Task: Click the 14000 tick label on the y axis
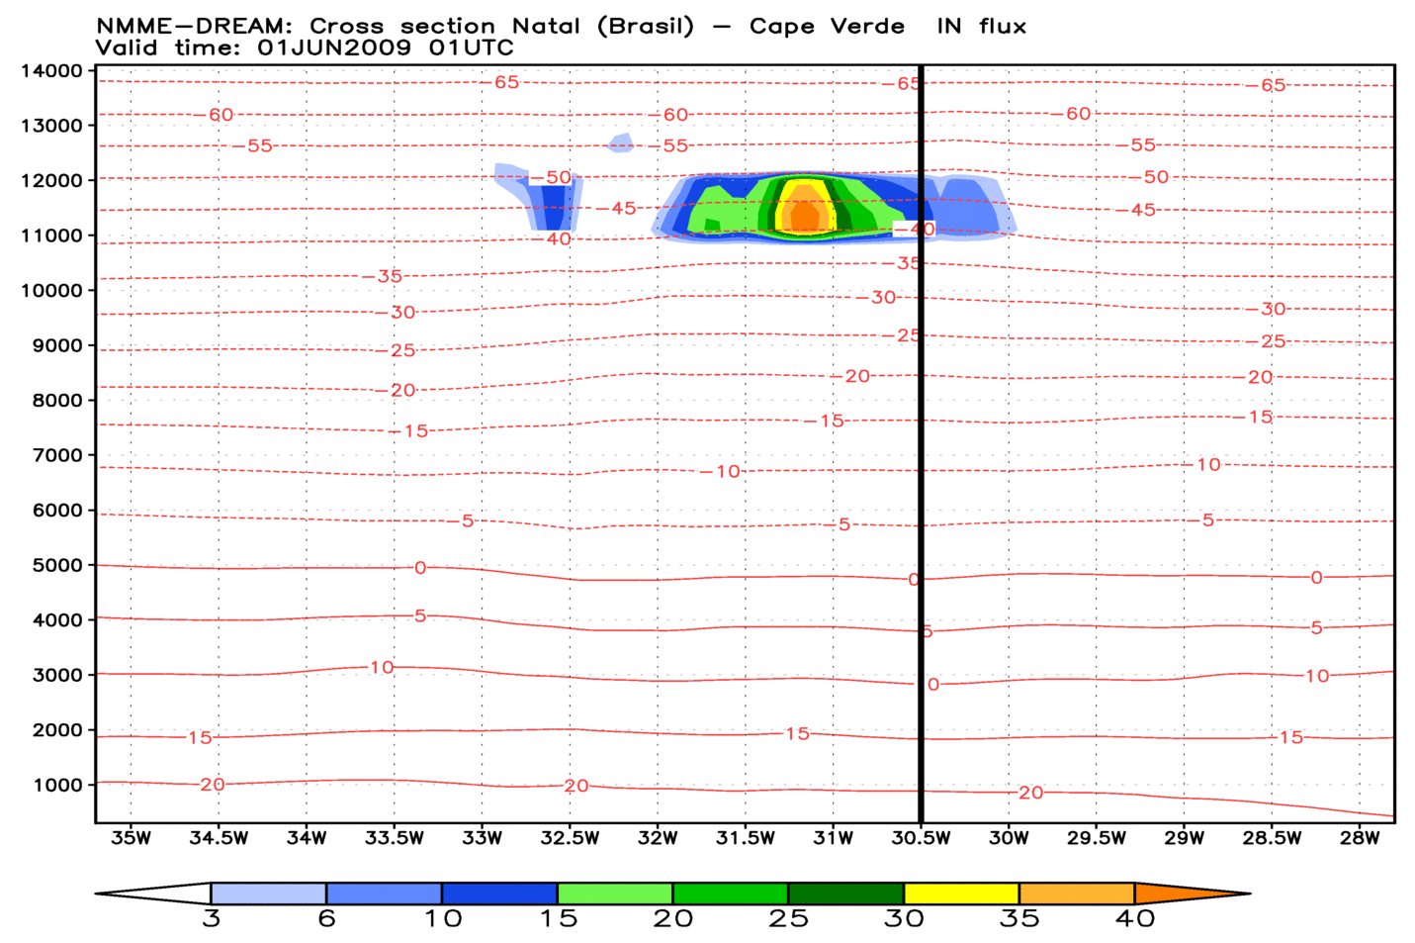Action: pos(51,71)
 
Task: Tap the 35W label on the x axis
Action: pos(131,838)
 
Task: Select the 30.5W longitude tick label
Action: pos(921,838)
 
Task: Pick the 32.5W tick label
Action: pos(570,838)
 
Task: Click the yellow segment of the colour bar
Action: pos(961,894)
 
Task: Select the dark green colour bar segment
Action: pos(845,894)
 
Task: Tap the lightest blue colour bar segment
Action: pos(268,894)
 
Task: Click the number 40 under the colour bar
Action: pos(1134,919)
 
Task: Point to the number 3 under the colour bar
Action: pos(211,919)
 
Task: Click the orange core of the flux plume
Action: pos(806,215)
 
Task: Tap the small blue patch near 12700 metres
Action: pos(621,142)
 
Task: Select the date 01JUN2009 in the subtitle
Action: pos(333,47)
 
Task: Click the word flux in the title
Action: pos(1003,27)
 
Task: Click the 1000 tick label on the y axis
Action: pos(57,786)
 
